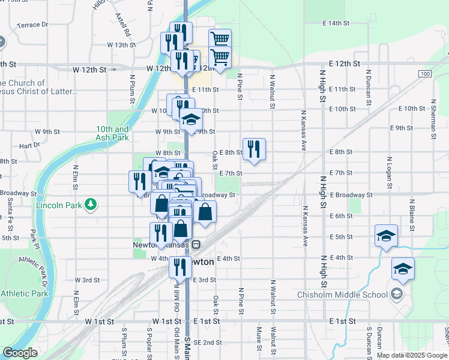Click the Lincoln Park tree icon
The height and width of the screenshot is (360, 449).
(91, 205)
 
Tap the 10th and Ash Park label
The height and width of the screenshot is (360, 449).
(112, 133)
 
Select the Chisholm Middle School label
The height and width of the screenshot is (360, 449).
(343, 294)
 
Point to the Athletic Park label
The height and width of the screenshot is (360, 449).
(25, 294)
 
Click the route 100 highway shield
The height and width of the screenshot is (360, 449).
(425, 73)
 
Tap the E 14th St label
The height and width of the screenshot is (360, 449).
(336, 23)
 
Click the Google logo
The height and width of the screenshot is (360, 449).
(20, 353)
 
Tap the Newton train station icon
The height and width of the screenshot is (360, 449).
(196, 245)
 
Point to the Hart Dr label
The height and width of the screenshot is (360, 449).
(29, 145)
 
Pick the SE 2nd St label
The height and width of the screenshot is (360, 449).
(208, 343)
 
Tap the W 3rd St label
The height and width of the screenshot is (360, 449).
(87, 280)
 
